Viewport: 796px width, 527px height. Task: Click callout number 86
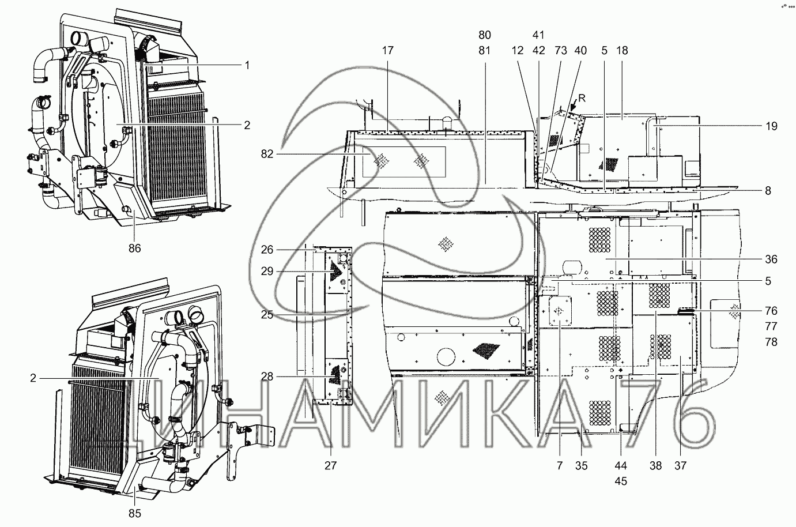tap(135, 248)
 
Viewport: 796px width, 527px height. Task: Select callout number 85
tap(135, 513)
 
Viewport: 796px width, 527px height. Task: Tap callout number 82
tap(267, 154)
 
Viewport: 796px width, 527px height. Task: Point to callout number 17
tap(388, 51)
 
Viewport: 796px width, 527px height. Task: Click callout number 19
tap(771, 126)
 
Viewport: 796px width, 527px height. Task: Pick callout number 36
tap(771, 259)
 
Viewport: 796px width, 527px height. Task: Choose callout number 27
tap(330, 465)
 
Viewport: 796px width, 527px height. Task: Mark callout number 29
tap(267, 271)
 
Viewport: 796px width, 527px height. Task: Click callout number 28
tap(267, 377)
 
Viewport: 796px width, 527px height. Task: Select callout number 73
tap(561, 51)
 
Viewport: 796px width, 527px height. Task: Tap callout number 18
tap(622, 51)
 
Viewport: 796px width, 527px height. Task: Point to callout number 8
tap(768, 191)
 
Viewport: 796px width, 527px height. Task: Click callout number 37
tap(680, 465)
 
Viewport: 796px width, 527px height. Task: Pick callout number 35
tap(582, 465)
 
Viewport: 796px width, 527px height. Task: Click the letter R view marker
tap(582, 98)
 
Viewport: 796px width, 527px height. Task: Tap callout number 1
tap(247, 65)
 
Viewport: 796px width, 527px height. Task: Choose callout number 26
tap(267, 250)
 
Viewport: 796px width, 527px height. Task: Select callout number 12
tap(518, 51)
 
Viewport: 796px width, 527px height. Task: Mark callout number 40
tap(580, 51)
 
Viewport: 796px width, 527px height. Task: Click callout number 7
tap(560, 465)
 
